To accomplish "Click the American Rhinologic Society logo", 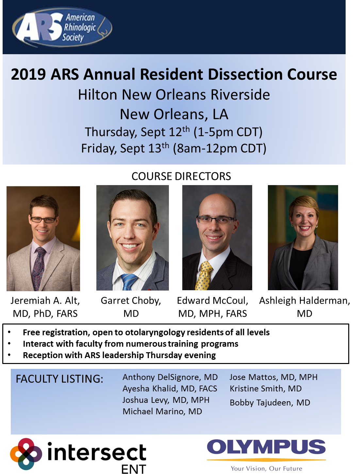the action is coord(62,27).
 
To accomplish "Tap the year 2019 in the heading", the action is coord(28,74).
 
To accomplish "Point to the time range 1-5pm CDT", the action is coord(228,132).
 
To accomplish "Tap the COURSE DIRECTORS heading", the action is coord(181,176).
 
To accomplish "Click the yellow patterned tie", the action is coord(204,275).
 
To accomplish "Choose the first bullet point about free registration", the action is coord(146,333).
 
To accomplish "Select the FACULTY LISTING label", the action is coord(59,379).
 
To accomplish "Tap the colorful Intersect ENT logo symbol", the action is coord(26,453).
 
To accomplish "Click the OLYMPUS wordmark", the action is coord(266,447).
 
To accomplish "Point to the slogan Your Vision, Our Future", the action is coord(267,468).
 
